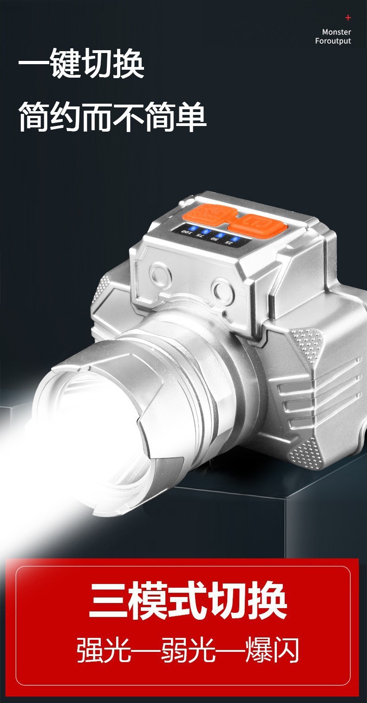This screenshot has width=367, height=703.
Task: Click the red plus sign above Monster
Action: (348, 18)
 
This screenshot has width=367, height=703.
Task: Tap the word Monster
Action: (336, 32)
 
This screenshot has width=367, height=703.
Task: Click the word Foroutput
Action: (333, 41)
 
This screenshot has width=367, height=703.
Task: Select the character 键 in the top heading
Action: (65, 63)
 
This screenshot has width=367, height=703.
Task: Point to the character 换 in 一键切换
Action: (129, 63)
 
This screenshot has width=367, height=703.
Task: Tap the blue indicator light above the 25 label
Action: (234, 239)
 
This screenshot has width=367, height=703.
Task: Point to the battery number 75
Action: (198, 235)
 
